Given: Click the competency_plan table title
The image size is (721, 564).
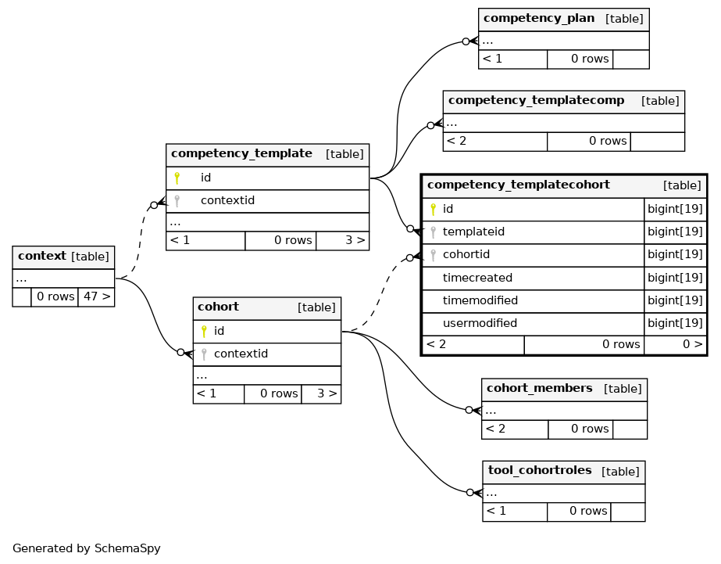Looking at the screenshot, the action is [539, 19].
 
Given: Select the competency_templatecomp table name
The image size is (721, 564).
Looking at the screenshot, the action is [536, 100].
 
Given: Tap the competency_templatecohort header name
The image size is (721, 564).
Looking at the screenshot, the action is [518, 185].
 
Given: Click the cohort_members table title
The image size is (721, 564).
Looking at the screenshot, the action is [539, 388].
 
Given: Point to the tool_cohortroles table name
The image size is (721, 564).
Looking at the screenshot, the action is [540, 470].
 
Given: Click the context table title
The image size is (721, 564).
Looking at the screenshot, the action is [42, 256].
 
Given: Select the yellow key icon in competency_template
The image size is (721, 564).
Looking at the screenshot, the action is [177, 178].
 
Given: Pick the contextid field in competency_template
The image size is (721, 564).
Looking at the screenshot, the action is [227, 200].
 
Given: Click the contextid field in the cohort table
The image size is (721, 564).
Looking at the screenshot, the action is [241, 354].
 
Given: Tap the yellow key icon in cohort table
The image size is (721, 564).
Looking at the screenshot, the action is [204, 331].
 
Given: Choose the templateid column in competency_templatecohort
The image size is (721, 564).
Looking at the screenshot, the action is [473, 232].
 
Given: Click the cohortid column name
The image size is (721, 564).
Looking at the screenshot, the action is [466, 254].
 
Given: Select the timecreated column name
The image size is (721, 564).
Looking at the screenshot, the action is [477, 278].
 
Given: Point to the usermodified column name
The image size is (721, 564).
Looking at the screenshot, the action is [480, 323].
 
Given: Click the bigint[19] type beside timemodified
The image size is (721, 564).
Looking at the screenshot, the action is [675, 300].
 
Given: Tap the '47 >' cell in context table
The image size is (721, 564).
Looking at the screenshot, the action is [97, 296].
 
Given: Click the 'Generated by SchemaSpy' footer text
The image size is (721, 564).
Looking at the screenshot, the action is [87, 548].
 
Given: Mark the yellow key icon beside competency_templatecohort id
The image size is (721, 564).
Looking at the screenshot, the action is [434, 210].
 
